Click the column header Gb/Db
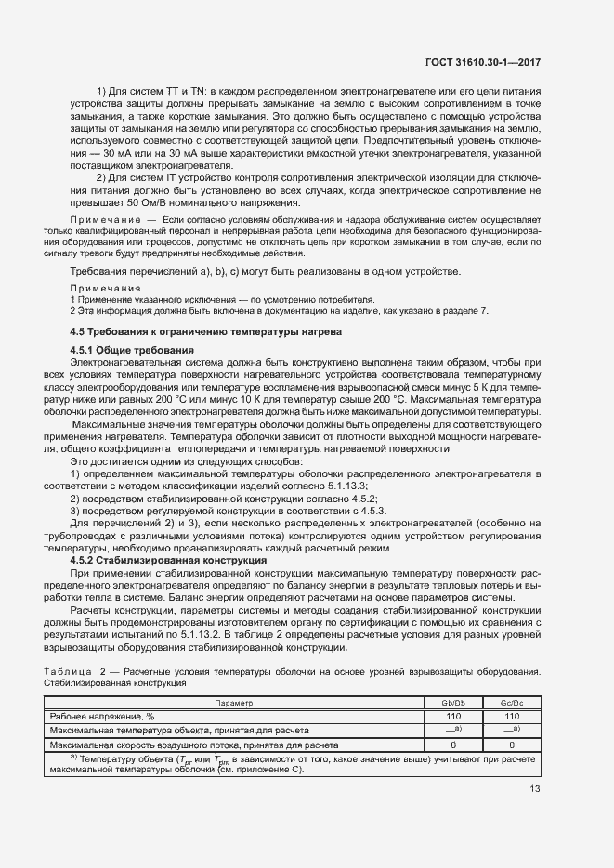pos(454,704)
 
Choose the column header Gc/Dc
pos(510,704)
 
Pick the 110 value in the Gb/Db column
pos(454,717)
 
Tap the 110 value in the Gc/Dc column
pos(510,717)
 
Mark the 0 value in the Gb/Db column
pos(454,745)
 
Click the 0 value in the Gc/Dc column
pos(510,745)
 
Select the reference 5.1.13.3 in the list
pos(343,486)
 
